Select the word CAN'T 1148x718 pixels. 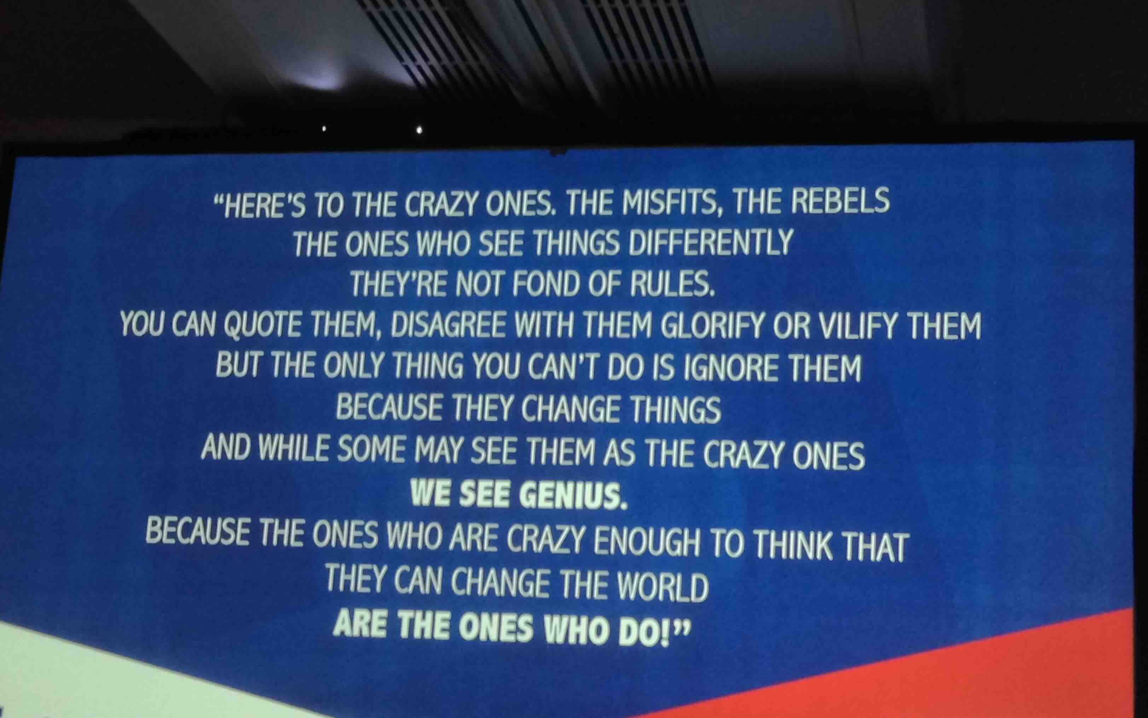(560, 366)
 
